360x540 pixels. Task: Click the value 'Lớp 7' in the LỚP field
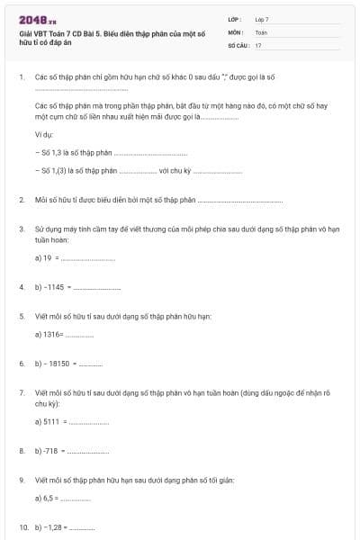(262, 19)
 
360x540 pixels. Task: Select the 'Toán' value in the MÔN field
(261, 31)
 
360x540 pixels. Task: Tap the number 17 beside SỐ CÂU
(258, 44)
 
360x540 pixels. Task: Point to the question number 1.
(21, 78)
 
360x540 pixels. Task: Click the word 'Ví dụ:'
(44, 133)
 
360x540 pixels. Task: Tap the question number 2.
(21, 200)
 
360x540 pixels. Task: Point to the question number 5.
(21, 317)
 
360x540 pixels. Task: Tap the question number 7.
(21, 393)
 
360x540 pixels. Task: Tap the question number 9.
(21, 480)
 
